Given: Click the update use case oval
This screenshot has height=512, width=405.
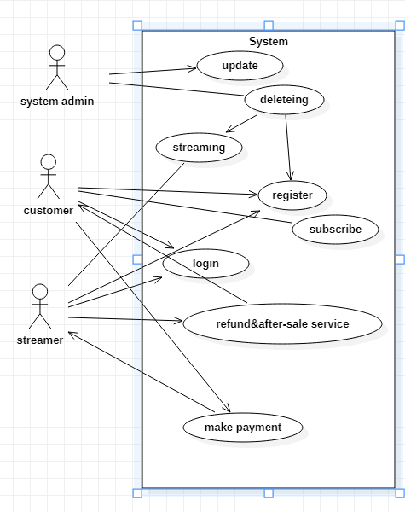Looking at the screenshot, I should [x=240, y=65].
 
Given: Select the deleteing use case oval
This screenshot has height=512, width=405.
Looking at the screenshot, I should [x=284, y=101].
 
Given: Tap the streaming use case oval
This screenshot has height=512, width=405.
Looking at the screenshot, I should [x=199, y=147].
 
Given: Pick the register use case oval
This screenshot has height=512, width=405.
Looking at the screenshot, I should [x=292, y=195].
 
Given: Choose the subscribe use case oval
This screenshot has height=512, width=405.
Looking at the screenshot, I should [x=335, y=229].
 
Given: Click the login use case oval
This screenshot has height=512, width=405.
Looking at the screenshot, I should [x=205, y=263].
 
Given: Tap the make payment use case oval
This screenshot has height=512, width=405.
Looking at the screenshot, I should [x=243, y=426].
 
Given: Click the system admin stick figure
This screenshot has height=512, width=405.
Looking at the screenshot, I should [x=57, y=67].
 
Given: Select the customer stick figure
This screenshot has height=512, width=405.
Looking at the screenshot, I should [x=49, y=177].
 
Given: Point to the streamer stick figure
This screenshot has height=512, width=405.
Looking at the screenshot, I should [x=40, y=306].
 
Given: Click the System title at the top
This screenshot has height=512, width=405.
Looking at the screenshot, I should [x=269, y=41].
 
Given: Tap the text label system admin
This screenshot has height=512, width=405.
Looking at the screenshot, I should [x=57, y=102].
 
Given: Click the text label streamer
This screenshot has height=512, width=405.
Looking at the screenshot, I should [x=40, y=340].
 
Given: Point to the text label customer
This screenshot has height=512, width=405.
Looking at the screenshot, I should [x=49, y=210].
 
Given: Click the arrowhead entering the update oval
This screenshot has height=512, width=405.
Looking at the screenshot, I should [x=193, y=68].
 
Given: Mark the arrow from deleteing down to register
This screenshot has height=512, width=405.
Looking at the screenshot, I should [x=288, y=145].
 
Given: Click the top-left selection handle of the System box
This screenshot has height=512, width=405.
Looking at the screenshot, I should [x=137, y=26].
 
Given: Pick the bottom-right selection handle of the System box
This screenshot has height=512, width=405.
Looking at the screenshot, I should [x=400, y=492].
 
